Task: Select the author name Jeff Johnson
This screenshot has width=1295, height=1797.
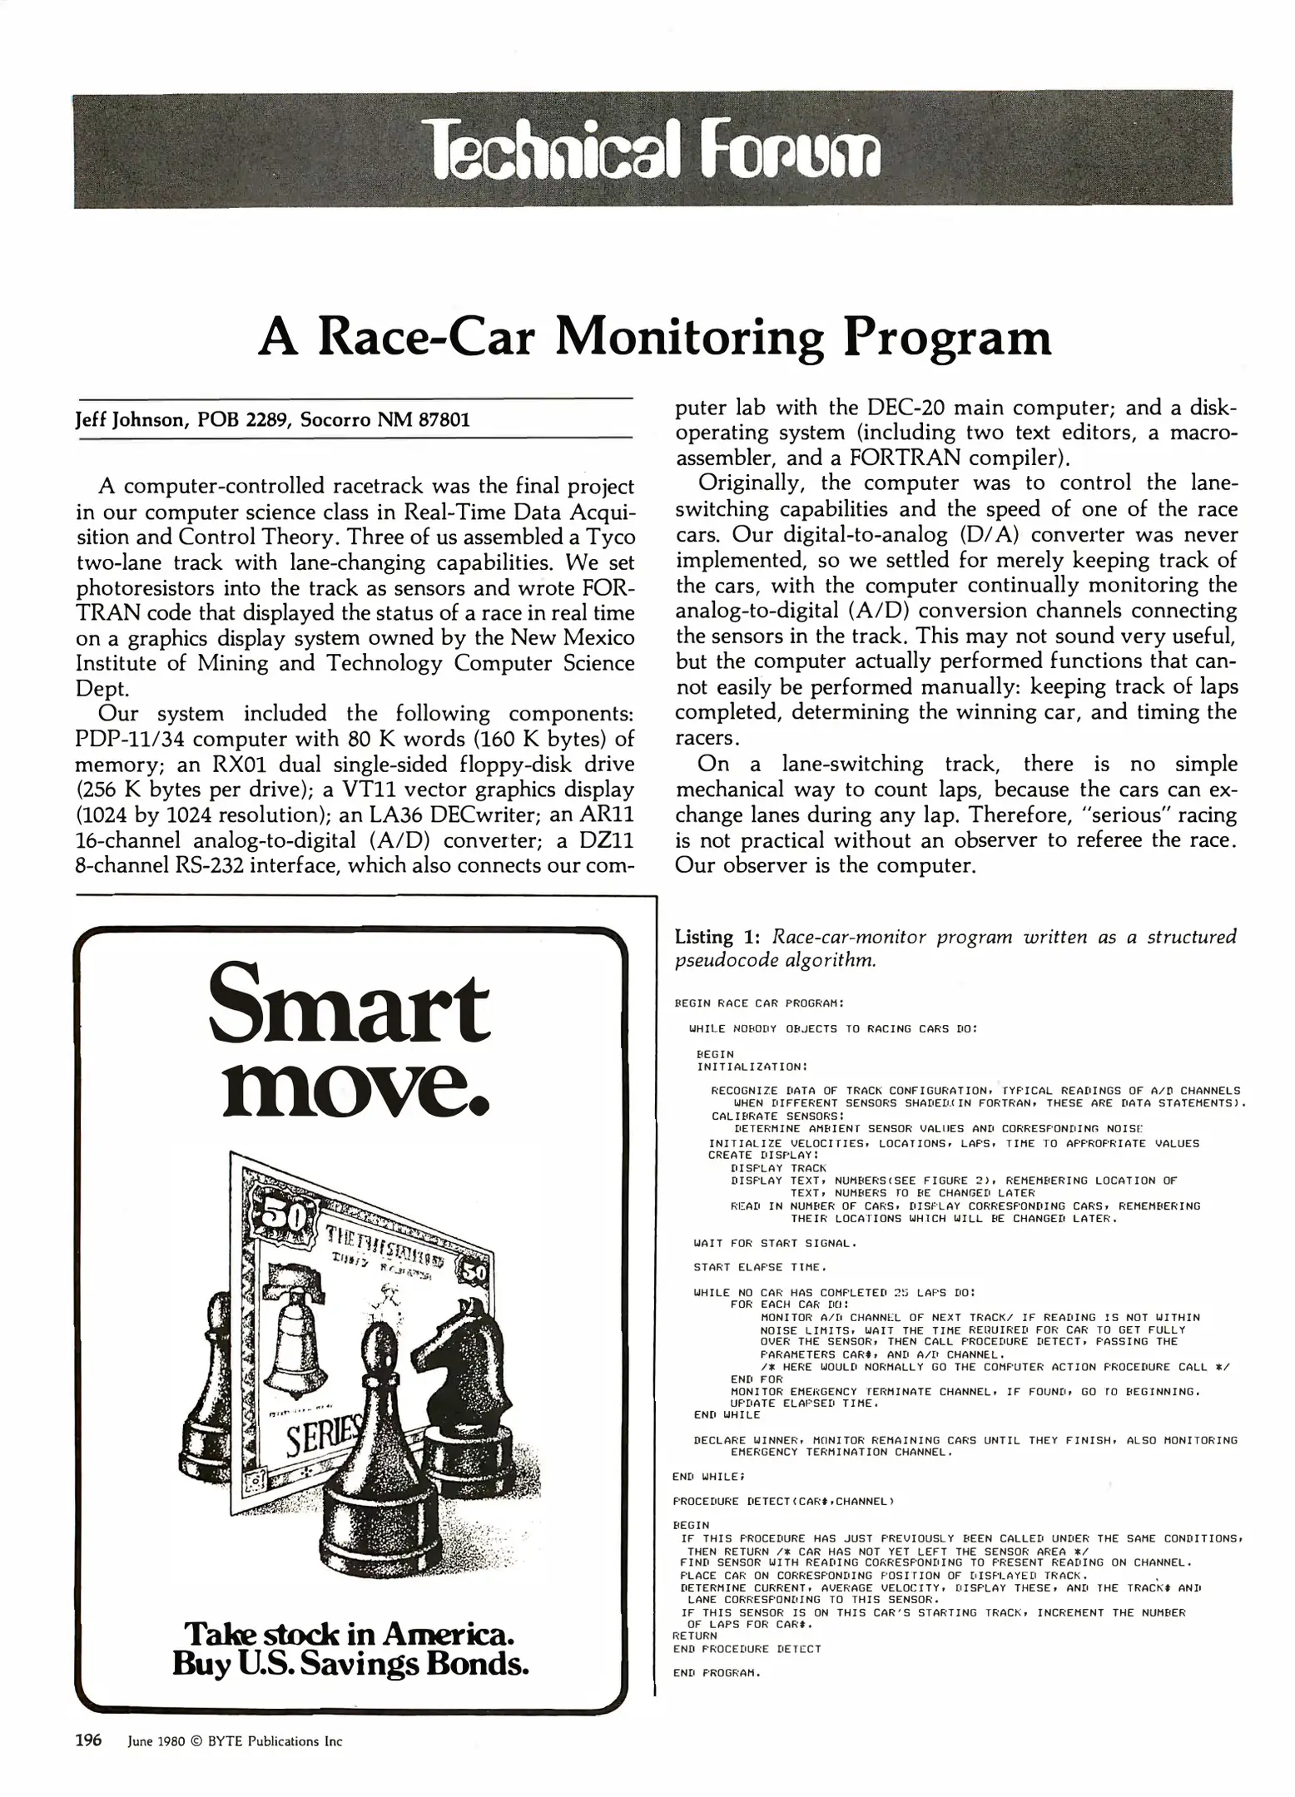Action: [x=131, y=419]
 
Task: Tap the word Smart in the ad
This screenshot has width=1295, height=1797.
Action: [x=349, y=1007]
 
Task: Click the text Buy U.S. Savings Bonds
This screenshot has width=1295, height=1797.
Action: [x=350, y=1664]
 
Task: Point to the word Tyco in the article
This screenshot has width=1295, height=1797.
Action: [x=608, y=537]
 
